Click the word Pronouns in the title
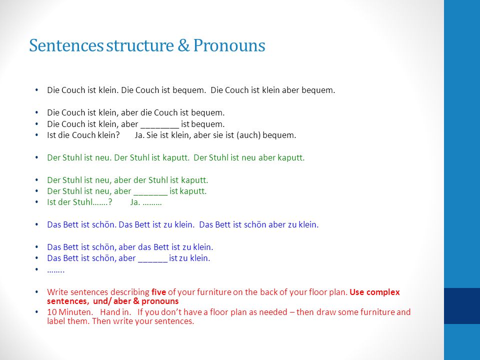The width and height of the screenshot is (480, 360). (x=229, y=45)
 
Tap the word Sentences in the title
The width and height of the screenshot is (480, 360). (x=66, y=45)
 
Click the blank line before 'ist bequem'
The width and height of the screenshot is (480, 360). (x=159, y=126)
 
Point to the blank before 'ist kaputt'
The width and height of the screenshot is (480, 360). (x=150, y=194)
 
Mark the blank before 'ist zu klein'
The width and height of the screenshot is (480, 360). (x=153, y=261)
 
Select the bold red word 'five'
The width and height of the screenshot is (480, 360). (x=158, y=292)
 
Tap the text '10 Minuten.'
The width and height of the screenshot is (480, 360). (x=70, y=312)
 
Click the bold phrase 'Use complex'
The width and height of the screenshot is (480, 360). (x=374, y=292)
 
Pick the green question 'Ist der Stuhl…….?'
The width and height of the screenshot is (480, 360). (x=79, y=202)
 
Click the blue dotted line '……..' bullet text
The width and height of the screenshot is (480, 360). (x=55, y=271)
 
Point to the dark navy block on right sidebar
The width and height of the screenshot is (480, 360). (x=462, y=306)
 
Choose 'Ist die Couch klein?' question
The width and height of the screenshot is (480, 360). (x=83, y=135)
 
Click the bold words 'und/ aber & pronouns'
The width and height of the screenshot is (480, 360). (x=135, y=301)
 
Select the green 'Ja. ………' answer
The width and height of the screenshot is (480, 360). (x=146, y=202)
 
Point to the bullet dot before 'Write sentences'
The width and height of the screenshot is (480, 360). (x=36, y=292)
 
